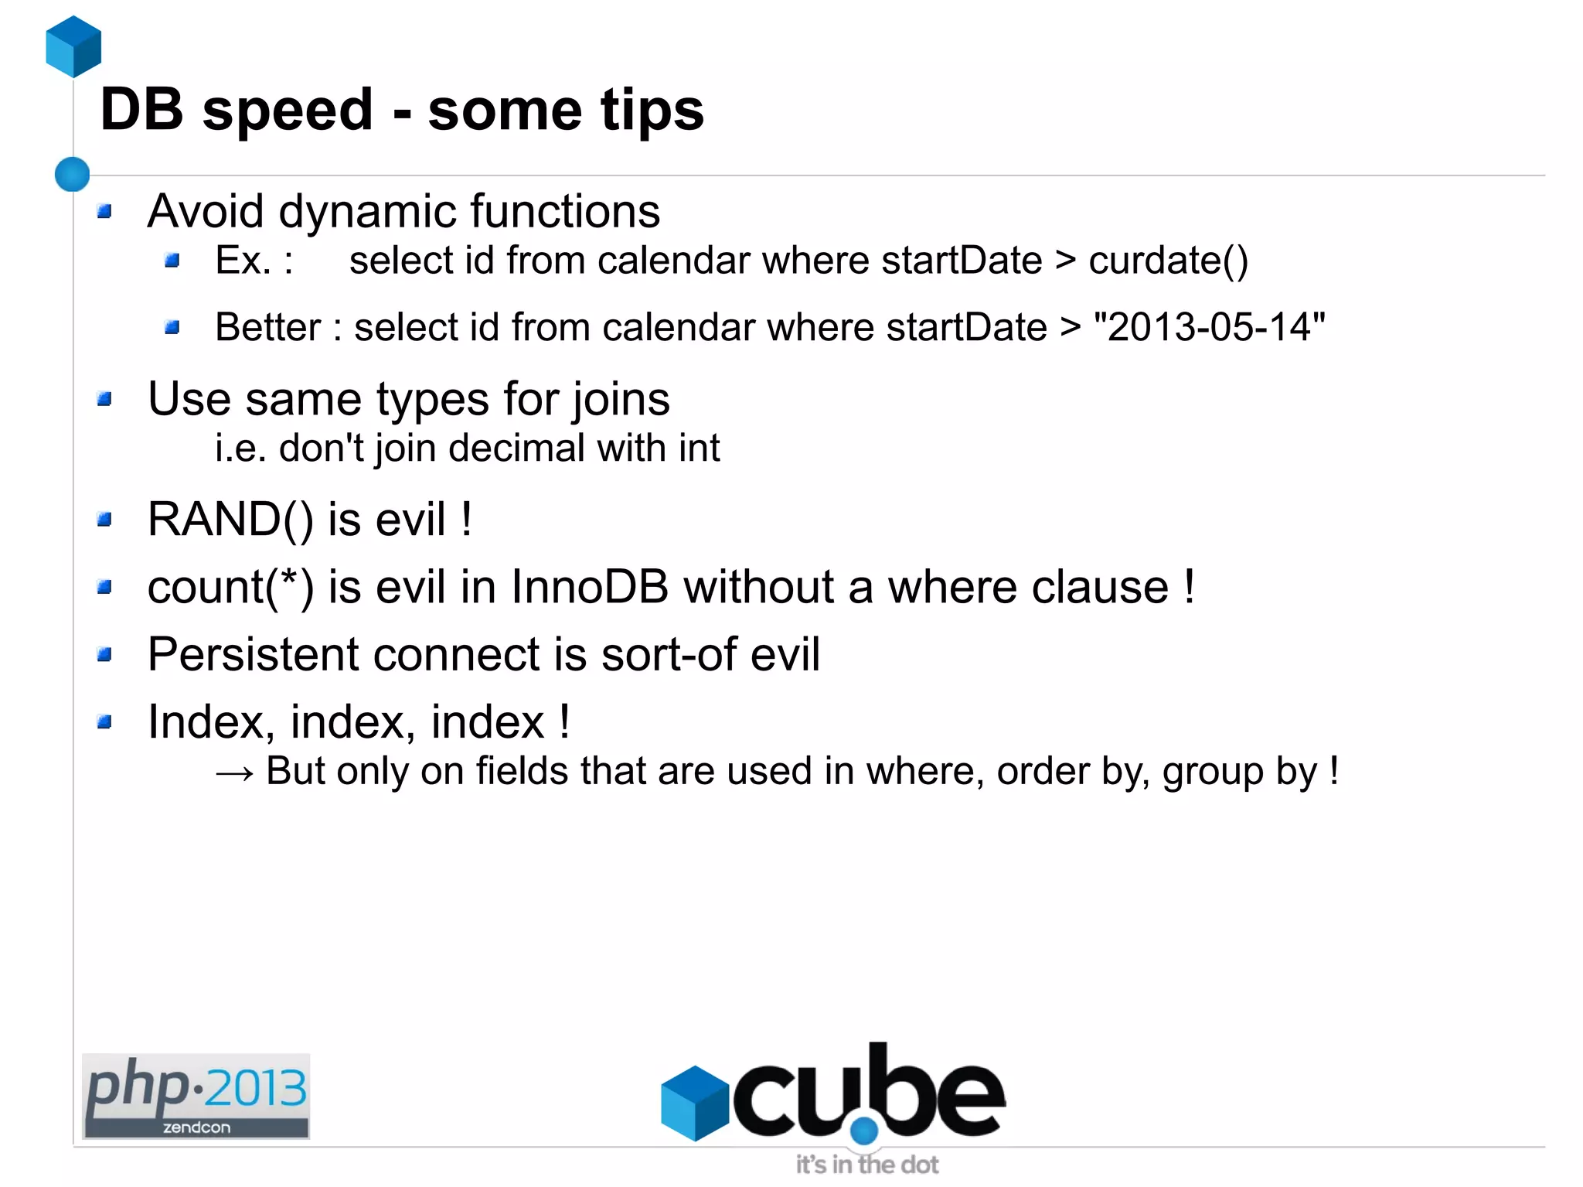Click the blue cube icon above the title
73,46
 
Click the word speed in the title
288,110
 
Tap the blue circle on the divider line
73,174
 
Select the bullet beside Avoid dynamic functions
105,211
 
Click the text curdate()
1168,261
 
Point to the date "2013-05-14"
1209,327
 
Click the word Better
267,327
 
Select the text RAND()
230,519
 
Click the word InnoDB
590,587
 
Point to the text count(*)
230,587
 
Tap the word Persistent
254,654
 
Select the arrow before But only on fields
234,773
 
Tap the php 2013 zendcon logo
196,1096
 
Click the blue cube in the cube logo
695,1103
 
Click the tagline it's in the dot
867,1165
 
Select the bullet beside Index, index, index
105,723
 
